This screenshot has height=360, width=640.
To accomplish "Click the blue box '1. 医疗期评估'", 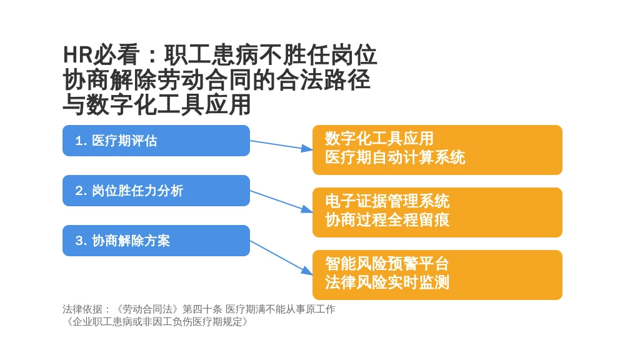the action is pyautogui.click(x=156, y=141).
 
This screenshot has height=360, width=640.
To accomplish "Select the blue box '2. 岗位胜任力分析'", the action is pyautogui.click(x=156, y=191).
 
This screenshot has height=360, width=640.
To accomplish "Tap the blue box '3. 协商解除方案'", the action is pyautogui.click(x=156, y=241).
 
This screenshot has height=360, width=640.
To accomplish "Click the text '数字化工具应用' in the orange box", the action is pyautogui.click(x=379, y=139).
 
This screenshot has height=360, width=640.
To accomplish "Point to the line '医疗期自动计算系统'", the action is pyautogui.click(x=395, y=157).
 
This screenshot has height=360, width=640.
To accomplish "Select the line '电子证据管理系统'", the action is pyautogui.click(x=387, y=201).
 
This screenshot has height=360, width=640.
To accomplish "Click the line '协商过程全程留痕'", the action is pyautogui.click(x=387, y=220).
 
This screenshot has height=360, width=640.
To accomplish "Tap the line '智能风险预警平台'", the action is pyautogui.click(x=387, y=264).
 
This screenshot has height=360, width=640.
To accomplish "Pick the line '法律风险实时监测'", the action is pyautogui.click(x=387, y=282).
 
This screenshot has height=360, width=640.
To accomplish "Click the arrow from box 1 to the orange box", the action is pyautogui.click(x=281, y=145).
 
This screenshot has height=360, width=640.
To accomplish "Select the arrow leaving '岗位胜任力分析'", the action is pyautogui.click(x=281, y=202).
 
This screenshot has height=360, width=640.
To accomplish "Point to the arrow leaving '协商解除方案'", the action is pyautogui.click(x=281, y=257).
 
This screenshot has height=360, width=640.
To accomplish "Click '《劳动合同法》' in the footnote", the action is pyautogui.click(x=147, y=309).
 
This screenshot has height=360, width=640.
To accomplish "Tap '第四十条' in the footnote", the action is pyautogui.click(x=202, y=309).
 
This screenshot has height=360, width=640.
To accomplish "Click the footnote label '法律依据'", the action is pyautogui.click(x=82, y=309).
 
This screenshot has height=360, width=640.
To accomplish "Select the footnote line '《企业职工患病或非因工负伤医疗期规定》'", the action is pyautogui.click(x=156, y=322).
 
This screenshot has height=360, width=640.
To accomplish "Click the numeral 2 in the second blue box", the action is pyautogui.click(x=79, y=191).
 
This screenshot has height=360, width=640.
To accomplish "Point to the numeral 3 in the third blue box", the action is pyautogui.click(x=79, y=241).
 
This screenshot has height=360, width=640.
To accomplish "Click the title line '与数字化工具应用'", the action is pyautogui.click(x=157, y=104).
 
